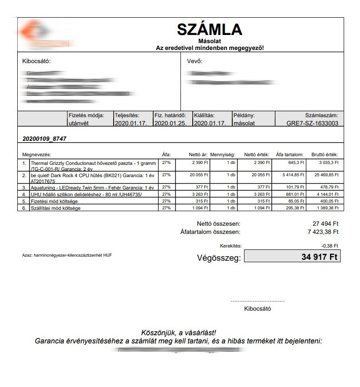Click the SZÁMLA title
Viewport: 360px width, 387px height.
[x=210, y=30]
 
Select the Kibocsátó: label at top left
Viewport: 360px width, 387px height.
[x=36, y=61]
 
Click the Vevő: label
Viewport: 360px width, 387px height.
[x=195, y=61]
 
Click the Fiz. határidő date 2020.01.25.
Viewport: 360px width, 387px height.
[x=170, y=123]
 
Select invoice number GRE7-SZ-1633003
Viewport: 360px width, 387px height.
[x=312, y=123]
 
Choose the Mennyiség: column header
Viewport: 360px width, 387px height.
[x=223, y=154]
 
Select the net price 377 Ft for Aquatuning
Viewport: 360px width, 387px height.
[x=201, y=187]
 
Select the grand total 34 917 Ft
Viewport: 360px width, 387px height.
[x=320, y=257]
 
